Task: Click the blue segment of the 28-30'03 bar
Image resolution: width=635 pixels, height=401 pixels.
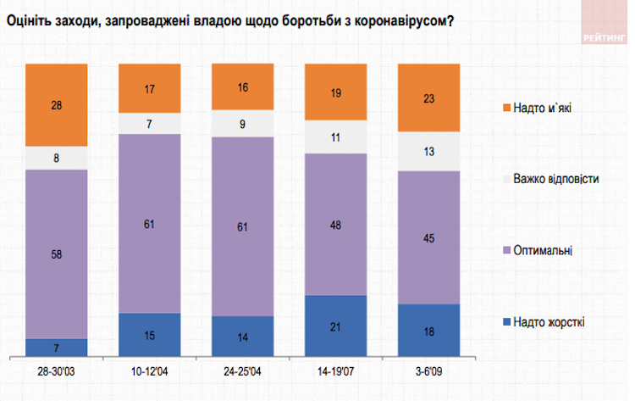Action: [x=57, y=348]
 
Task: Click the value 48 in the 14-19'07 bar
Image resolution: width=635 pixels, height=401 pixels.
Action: [x=335, y=223]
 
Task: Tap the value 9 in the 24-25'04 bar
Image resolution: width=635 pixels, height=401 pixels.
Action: [x=242, y=124]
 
